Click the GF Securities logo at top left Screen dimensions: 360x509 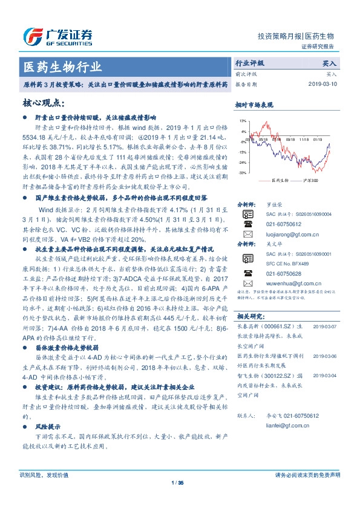[x=57, y=37]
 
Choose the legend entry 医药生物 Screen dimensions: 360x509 [x=279, y=180]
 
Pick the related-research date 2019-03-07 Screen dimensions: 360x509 [x=328, y=325]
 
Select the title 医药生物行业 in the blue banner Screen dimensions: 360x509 [x=62, y=66]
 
